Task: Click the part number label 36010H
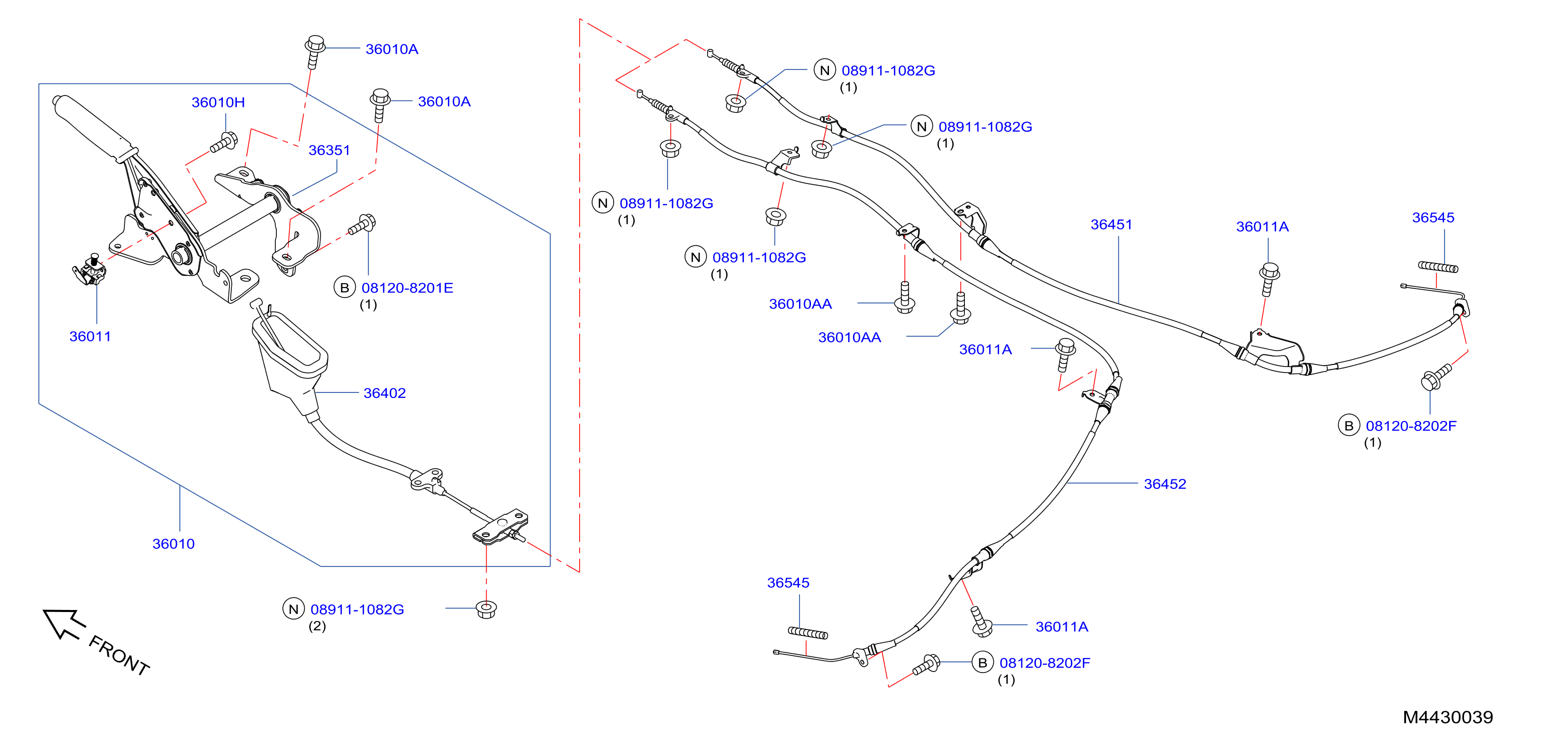218,102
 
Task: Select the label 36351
329,149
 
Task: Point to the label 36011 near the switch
90,336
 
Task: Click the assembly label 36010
173,543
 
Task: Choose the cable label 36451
1112,224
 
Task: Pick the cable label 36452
1165,484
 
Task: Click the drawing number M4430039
1448,717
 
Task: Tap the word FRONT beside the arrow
119,655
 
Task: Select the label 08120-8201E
408,288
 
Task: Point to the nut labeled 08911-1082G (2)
486,608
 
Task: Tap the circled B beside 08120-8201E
345,288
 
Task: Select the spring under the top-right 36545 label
1439,266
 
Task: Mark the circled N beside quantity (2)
294,609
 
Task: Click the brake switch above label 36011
90,269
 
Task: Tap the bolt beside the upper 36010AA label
904,297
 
